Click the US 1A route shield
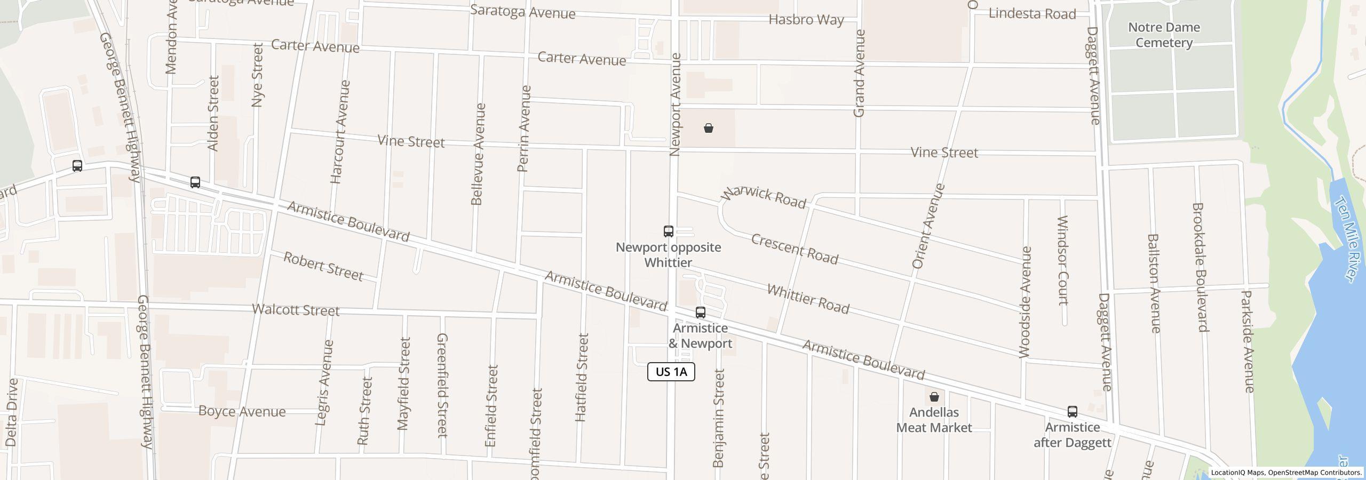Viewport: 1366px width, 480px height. point(671,372)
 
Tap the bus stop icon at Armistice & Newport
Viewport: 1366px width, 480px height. point(700,313)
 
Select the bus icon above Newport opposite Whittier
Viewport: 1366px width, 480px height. point(668,231)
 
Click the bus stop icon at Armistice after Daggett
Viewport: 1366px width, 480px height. point(1072,412)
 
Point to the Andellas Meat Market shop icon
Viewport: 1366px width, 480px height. point(934,397)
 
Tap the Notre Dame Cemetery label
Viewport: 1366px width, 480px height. point(1164,35)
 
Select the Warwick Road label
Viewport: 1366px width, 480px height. point(763,197)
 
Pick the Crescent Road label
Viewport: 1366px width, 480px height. point(795,249)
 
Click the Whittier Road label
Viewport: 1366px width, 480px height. point(808,299)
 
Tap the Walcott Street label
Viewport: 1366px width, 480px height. point(295,310)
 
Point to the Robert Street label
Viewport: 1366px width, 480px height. point(323,266)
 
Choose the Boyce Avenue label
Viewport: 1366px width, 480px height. point(242,411)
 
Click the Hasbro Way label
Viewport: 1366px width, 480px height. point(806,20)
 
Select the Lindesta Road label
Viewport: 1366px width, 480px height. point(1032,14)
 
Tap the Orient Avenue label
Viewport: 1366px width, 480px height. point(928,226)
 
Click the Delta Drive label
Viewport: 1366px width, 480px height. point(12,412)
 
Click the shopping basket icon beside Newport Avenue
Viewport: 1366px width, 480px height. point(708,128)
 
